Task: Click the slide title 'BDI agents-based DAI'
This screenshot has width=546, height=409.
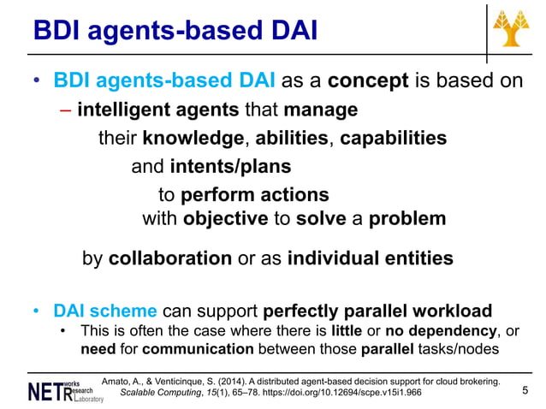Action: click(175, 32)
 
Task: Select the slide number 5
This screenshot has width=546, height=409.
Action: click(524, 391)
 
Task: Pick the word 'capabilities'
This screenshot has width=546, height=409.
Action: click(393, 138)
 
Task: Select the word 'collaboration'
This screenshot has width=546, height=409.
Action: click(169, 258)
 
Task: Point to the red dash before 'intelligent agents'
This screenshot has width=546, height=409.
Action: click(65, 110)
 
